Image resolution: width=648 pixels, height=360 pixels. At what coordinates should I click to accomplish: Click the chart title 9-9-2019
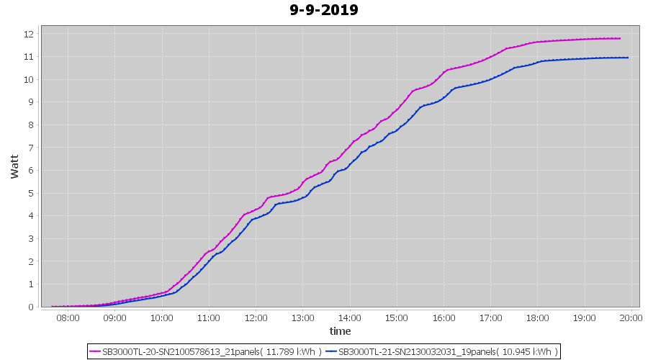pos(323,10)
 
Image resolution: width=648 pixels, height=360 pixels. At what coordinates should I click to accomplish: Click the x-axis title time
pos(340,331)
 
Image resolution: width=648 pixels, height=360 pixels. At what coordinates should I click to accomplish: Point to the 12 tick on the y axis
pos(29,34)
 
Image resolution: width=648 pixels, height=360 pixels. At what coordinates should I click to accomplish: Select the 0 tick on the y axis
pos(31,307)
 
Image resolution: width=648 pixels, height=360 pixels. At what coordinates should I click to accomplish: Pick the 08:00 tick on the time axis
pos(68,318)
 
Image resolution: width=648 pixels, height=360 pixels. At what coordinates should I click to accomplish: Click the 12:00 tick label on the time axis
pos(256,318)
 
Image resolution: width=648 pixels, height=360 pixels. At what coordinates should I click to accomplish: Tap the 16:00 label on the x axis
pos(444,318)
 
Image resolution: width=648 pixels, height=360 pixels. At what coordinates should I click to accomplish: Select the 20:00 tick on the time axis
pos(631,318)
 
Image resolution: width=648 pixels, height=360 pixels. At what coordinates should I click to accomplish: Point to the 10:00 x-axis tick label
pos(161,318)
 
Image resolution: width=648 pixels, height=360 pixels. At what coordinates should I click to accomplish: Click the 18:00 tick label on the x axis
pos(537,318)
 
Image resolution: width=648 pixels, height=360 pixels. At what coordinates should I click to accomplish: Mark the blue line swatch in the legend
pos(331,351)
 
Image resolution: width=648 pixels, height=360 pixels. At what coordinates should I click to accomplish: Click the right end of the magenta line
pos(620,38)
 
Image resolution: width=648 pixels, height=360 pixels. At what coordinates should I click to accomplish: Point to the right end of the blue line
pos(628,58)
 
